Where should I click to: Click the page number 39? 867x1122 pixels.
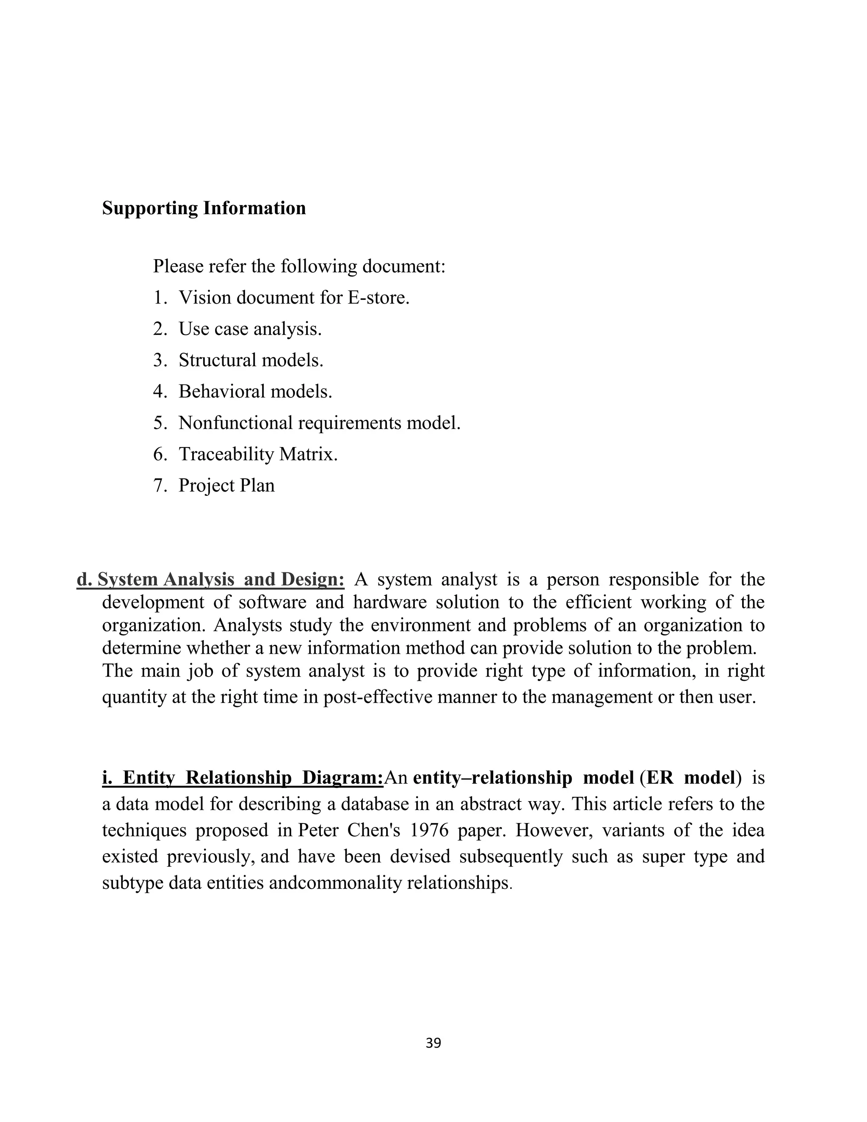(433, 1043)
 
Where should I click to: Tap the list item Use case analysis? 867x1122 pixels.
(250, 329)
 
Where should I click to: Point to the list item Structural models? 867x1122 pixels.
(251, 360)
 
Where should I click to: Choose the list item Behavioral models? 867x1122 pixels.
(255, 392)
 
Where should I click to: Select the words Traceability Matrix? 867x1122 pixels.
(258, 454)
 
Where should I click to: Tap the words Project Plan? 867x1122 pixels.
(226, 486)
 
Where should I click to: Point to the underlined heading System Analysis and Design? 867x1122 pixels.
(210, 580)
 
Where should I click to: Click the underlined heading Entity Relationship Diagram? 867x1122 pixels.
(243, 778)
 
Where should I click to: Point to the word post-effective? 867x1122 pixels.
(378, 697)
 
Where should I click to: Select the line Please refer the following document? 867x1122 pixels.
(299, 266)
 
